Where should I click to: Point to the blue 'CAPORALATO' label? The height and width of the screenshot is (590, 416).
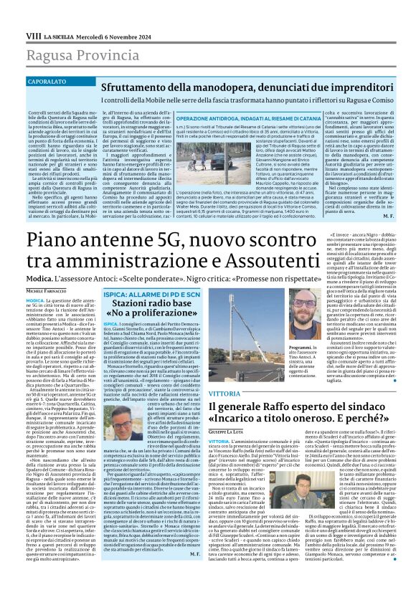[x=47, y=62]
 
